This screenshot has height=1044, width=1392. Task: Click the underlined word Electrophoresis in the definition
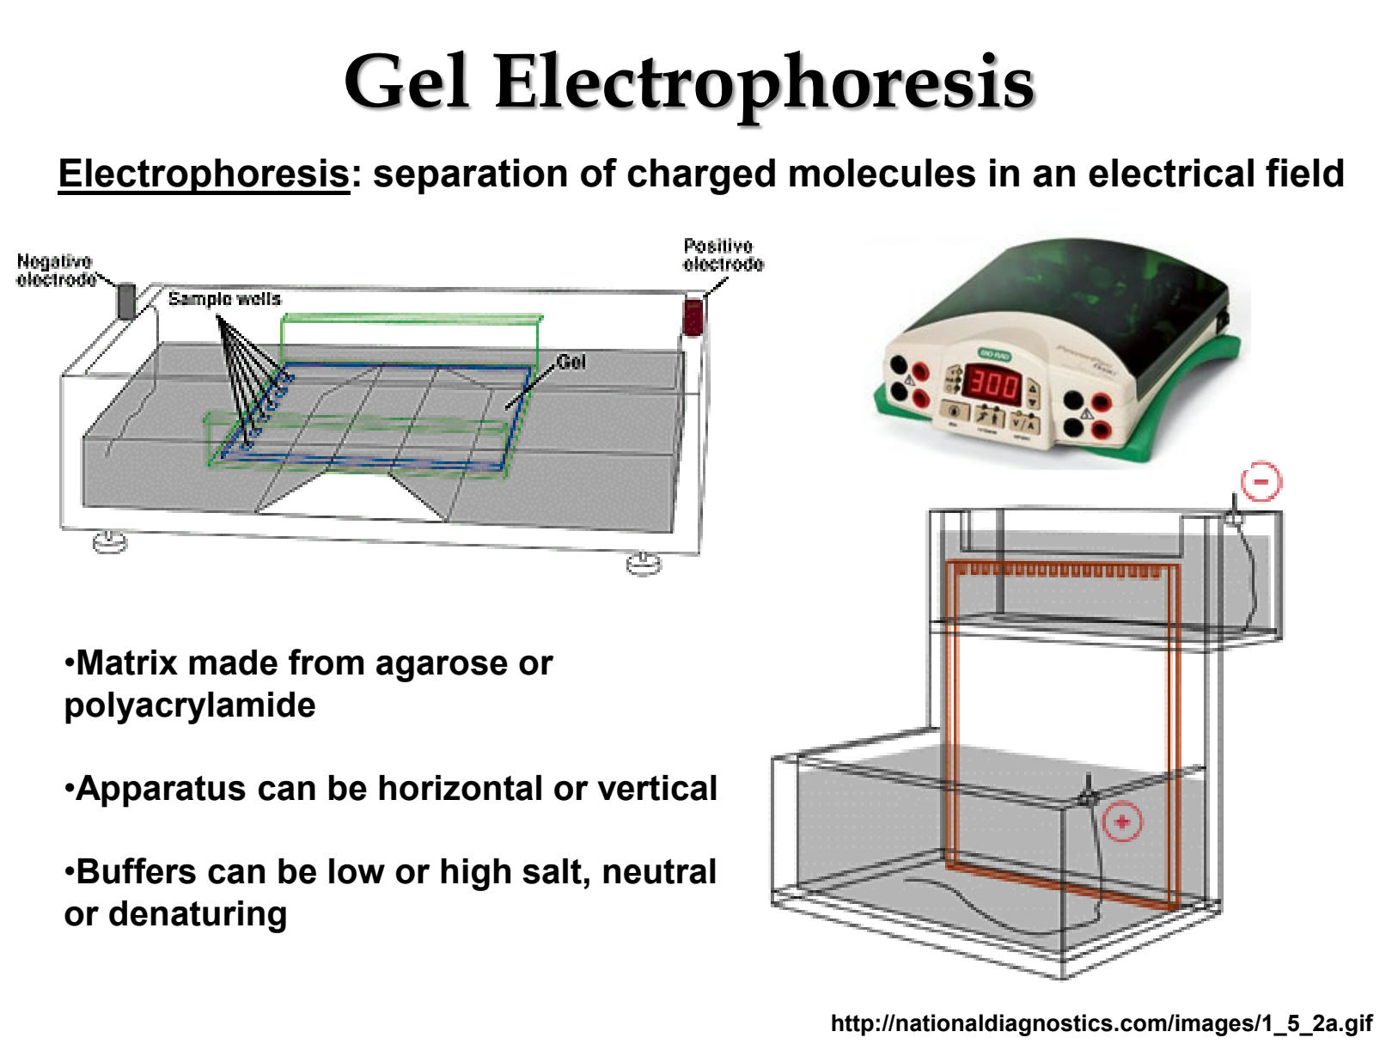pos(204,174)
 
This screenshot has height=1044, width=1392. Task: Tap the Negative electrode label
pos(55,270)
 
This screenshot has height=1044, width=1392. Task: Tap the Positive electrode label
pos(722,255)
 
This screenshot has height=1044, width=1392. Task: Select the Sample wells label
pos(224,298)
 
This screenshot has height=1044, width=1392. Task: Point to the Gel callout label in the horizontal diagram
pos(571,362)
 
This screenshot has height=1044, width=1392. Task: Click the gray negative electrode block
pos(126,301)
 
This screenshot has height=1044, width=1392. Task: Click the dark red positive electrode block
pos(693,316)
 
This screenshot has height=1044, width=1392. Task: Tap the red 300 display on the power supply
pos(993,384)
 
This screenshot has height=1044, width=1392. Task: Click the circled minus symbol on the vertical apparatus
pos(1261,481)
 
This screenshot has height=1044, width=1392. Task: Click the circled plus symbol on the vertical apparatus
pos(1122,822)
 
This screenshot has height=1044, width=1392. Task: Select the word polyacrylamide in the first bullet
pos(190,705)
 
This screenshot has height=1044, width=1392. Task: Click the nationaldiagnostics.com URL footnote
pos(1101,1023)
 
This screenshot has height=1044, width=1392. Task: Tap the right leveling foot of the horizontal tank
pos(644,564)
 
